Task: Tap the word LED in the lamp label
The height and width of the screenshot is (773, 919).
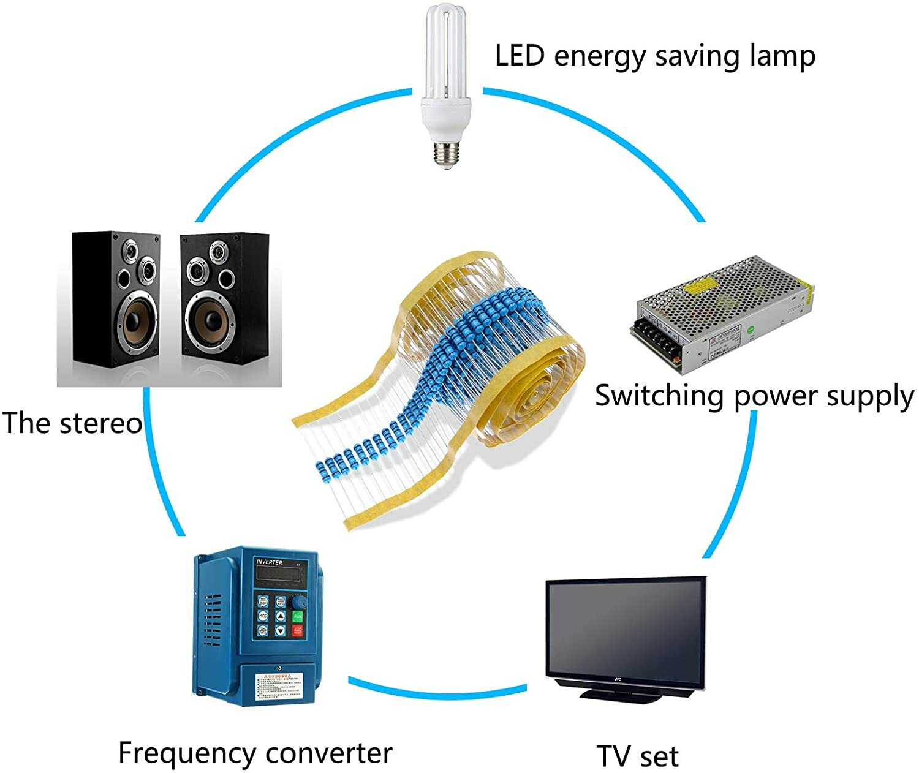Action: click(x=520, y=56)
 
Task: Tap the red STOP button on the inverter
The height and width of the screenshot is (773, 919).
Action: click(x=298, y=630)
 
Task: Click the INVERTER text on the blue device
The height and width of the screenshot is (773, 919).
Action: click(x=270, y=562)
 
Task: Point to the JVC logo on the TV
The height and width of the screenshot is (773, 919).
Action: click(x=618, y=679)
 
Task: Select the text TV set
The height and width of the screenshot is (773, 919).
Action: click(x=637, y=756)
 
